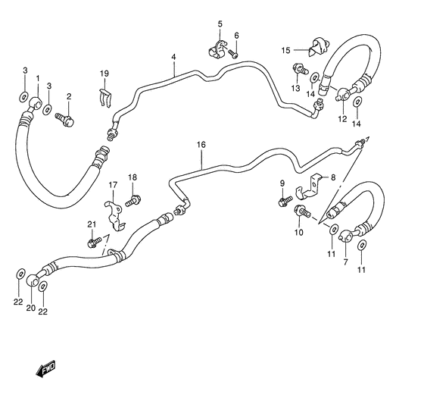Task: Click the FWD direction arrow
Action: [x=45, y=369]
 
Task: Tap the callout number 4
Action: [x=173, y=58]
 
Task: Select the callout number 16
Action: [x=201, y=143]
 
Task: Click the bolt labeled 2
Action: [x=66, y=118]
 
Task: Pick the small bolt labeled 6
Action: [x=235, y=55]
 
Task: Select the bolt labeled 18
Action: [x=135, y=202]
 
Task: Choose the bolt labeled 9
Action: [x=283, y=202]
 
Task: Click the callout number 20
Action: [x=31, y=308]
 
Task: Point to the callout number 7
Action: [x=346, y=262]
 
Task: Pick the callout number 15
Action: [x=285, y=50]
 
